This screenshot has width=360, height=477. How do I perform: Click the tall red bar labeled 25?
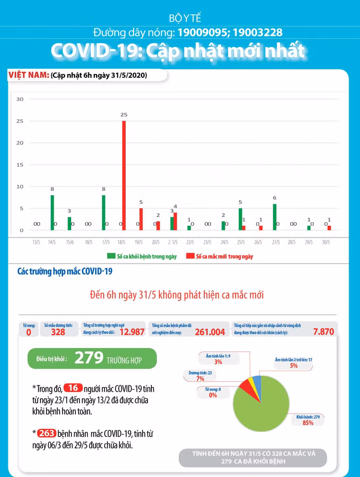[x=124, y=175]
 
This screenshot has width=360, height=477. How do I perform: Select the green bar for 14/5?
[x=52, y=213]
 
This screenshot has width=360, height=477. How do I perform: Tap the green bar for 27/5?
[x=275, y=217]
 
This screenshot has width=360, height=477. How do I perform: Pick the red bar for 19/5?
[x=141, y=219]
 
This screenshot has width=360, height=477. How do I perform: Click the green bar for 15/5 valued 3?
[x=70, y=224]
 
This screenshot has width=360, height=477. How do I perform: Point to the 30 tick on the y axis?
[x=20, y=99]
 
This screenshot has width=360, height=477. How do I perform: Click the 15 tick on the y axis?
[x=20, y=165]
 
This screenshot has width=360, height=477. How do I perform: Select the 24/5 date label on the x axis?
[x=224, y=242]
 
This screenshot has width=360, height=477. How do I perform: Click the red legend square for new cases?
[x=189, y=256]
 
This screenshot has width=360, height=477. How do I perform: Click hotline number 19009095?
[x=205, y=33]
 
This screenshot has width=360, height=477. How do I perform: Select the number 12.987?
[x=132, y=332]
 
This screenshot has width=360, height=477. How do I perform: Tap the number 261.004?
[x=210, y=332]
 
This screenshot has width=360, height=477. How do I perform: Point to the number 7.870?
[x=324, y=332]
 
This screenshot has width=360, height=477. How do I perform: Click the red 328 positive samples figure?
[x=58, y=332]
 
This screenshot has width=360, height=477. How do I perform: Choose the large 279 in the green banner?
[x=89, y=358]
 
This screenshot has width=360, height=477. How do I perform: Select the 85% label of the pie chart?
[x=308, y=423]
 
